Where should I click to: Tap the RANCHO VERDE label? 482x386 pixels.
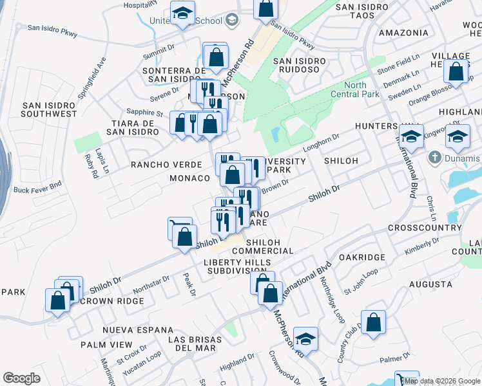157,165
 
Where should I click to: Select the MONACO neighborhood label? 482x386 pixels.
189,178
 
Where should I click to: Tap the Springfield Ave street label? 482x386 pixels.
101,72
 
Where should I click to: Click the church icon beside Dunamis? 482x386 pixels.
435,158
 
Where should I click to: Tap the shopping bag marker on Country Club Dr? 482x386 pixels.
373,324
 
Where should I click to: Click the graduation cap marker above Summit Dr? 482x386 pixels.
182,14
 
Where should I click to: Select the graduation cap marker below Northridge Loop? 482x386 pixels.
306,339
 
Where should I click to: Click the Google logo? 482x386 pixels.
21,378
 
